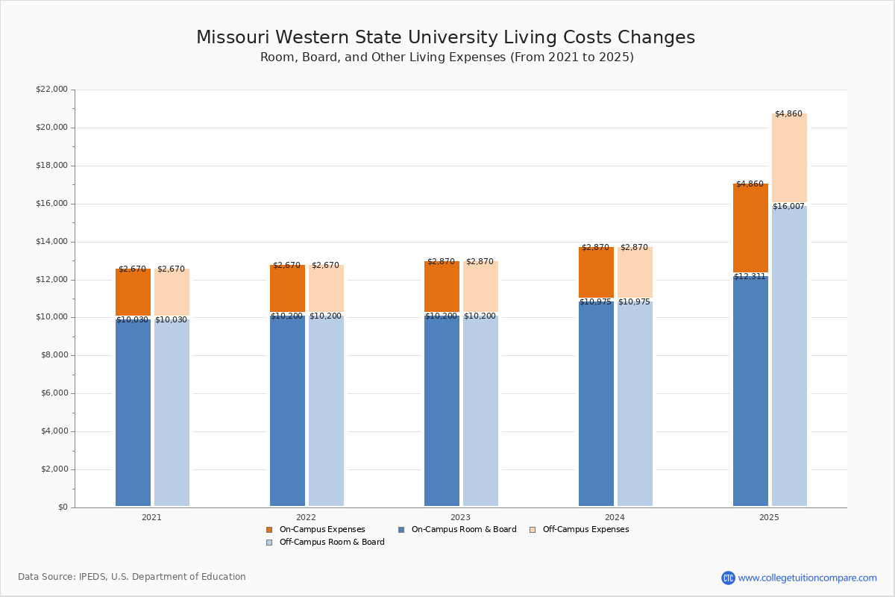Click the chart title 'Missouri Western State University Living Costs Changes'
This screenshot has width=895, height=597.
click(445, 38)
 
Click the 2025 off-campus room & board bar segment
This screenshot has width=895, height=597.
click(789, 358)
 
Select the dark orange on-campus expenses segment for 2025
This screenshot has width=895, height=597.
click(750, 228)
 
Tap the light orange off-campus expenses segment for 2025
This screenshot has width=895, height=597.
click(789, 158)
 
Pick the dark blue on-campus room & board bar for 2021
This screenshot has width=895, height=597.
click(133, 414)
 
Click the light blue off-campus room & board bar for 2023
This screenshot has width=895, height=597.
click(480, 410)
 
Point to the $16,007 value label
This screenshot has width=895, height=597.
click(788, 207)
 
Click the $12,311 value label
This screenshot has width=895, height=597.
click(750, 277)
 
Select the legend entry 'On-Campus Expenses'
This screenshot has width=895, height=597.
click(315, 530)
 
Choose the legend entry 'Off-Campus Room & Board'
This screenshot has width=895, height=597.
click(325, 543)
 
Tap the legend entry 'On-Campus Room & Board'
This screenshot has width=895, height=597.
click(457, 530)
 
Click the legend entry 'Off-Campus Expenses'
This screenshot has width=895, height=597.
click(579, 530)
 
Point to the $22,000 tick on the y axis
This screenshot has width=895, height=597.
click(51, 90)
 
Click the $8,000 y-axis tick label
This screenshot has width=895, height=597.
click(54, 355)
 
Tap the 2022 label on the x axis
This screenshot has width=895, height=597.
click(306, 517)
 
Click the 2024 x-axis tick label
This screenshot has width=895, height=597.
click(615, 517)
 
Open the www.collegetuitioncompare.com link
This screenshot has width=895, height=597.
click(807, 578)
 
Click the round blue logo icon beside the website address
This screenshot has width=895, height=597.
click(728, 578)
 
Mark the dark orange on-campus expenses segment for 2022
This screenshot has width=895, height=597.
click(287, 288)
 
